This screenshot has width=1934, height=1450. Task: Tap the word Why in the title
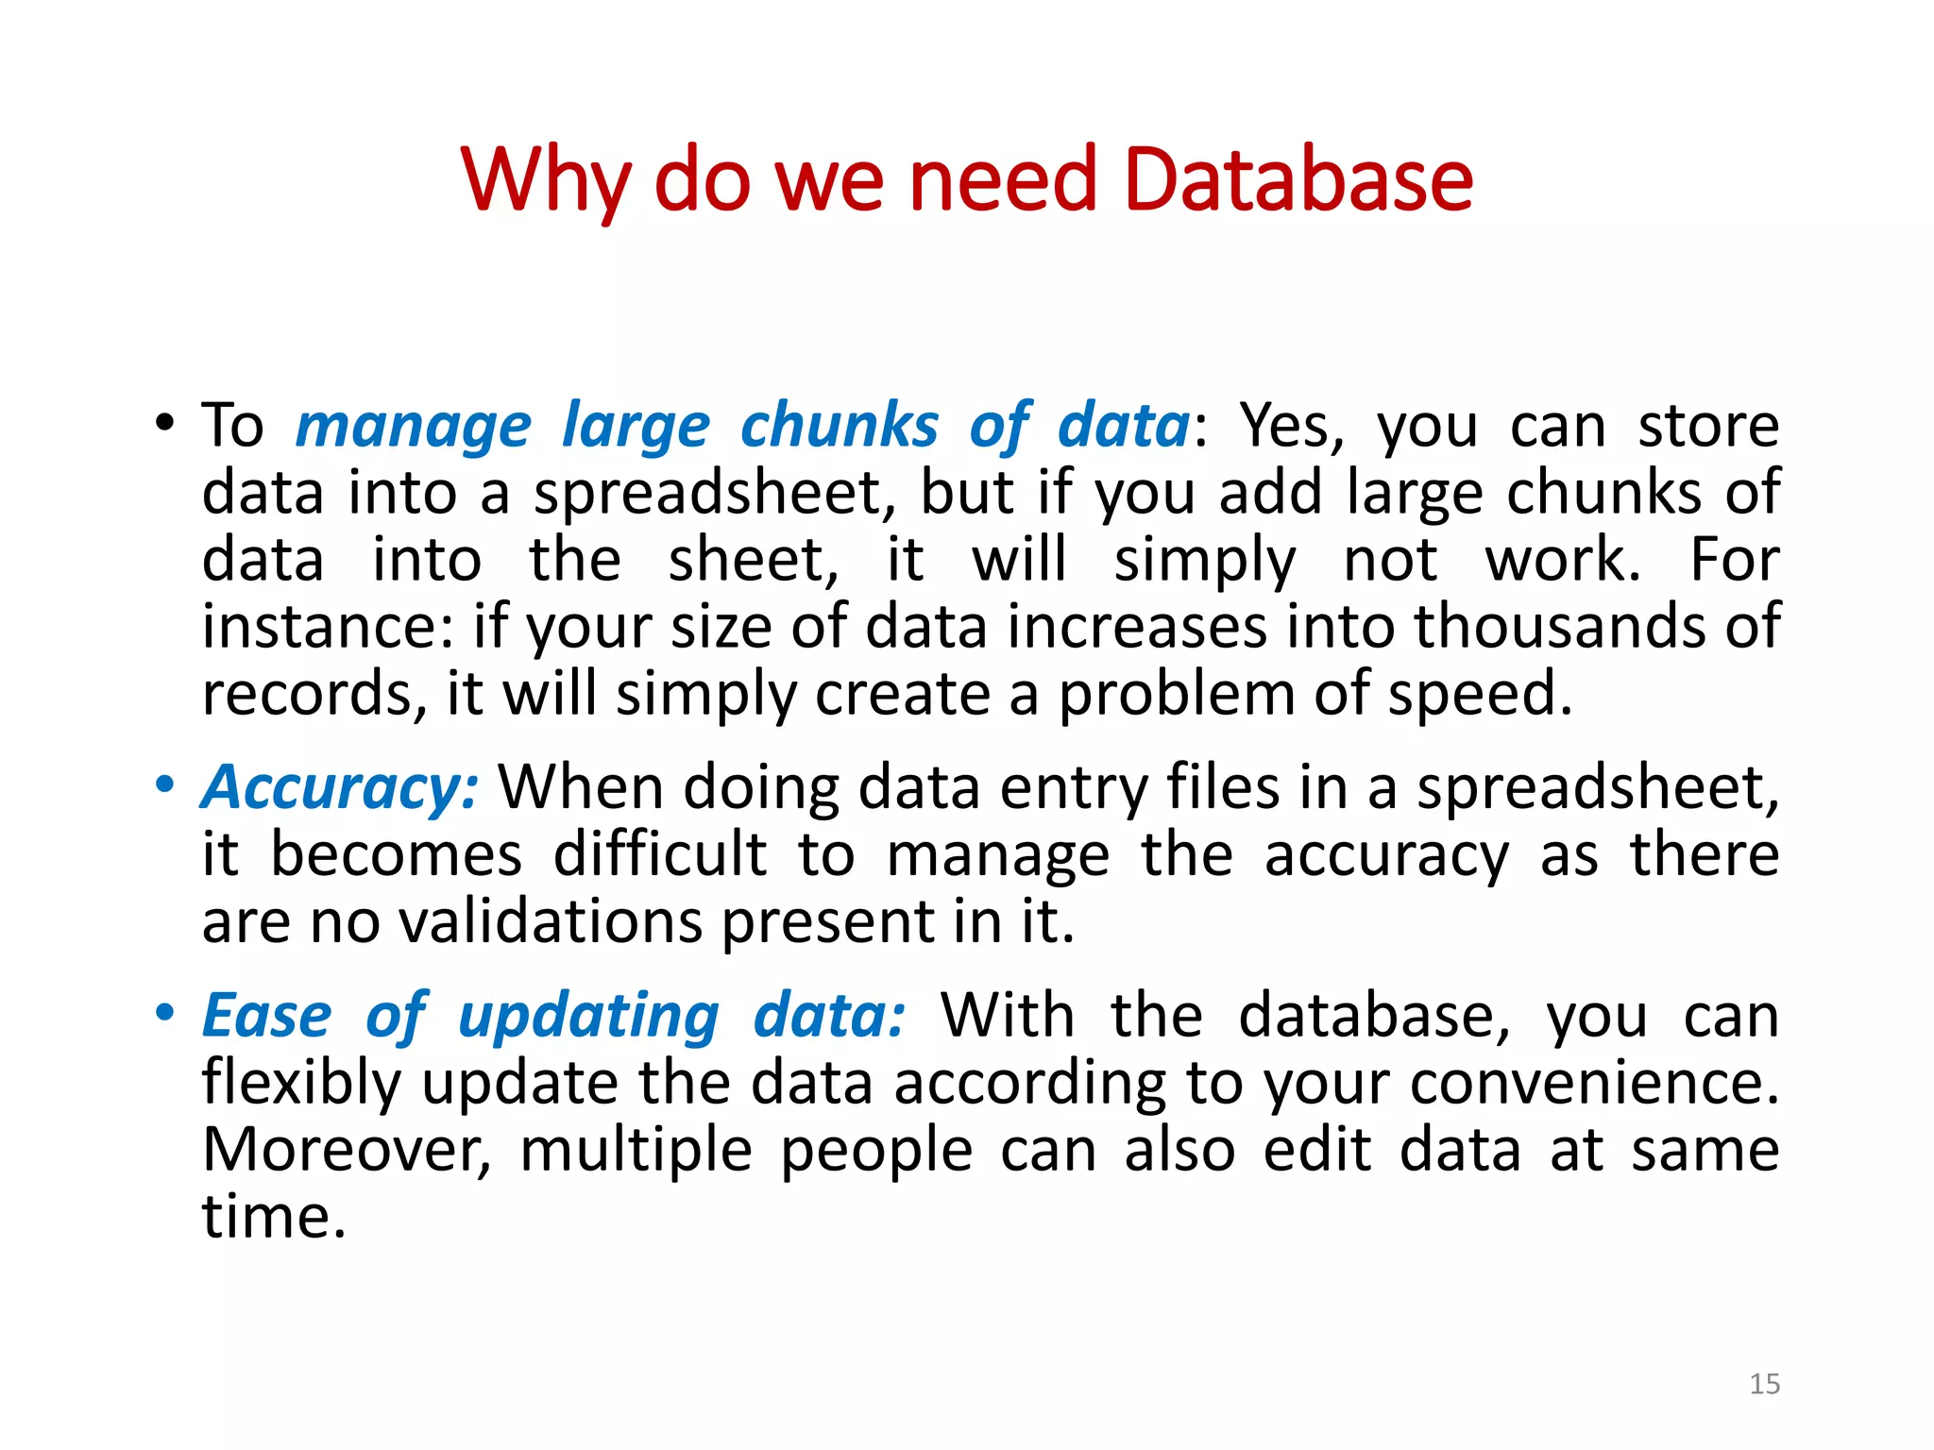546,181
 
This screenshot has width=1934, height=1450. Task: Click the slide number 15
1764,1384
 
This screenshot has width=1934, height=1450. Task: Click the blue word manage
414,427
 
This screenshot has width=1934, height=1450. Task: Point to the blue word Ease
267,1017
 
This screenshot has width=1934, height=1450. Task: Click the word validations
551,921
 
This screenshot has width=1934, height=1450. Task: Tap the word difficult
659,854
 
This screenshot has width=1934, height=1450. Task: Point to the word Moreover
346,1150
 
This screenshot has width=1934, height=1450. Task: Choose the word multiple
636,1152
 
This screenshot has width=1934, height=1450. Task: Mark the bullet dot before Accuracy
165,784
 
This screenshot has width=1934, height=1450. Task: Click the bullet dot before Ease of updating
165,1013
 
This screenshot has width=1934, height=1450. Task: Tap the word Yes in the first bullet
1290,427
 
